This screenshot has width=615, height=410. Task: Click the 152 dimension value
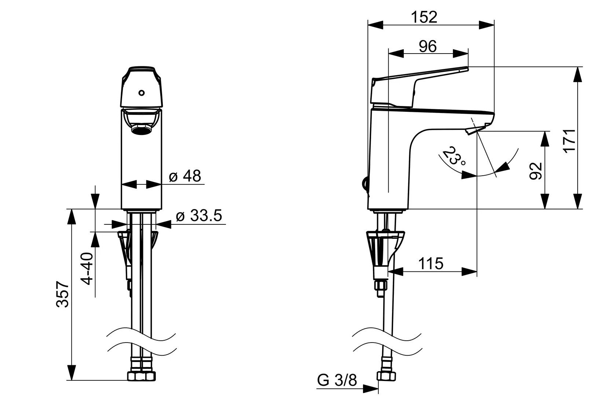tap(424, 17)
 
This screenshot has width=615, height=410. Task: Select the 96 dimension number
tap(428, 47)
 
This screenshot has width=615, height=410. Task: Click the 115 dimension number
tap(431, 263)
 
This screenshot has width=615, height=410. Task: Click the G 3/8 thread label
tap(337, 380)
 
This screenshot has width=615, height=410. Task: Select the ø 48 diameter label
tap(185, 176)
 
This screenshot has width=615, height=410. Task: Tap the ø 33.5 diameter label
tap(199, 216)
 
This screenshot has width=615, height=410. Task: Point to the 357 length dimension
tap(62, 294)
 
